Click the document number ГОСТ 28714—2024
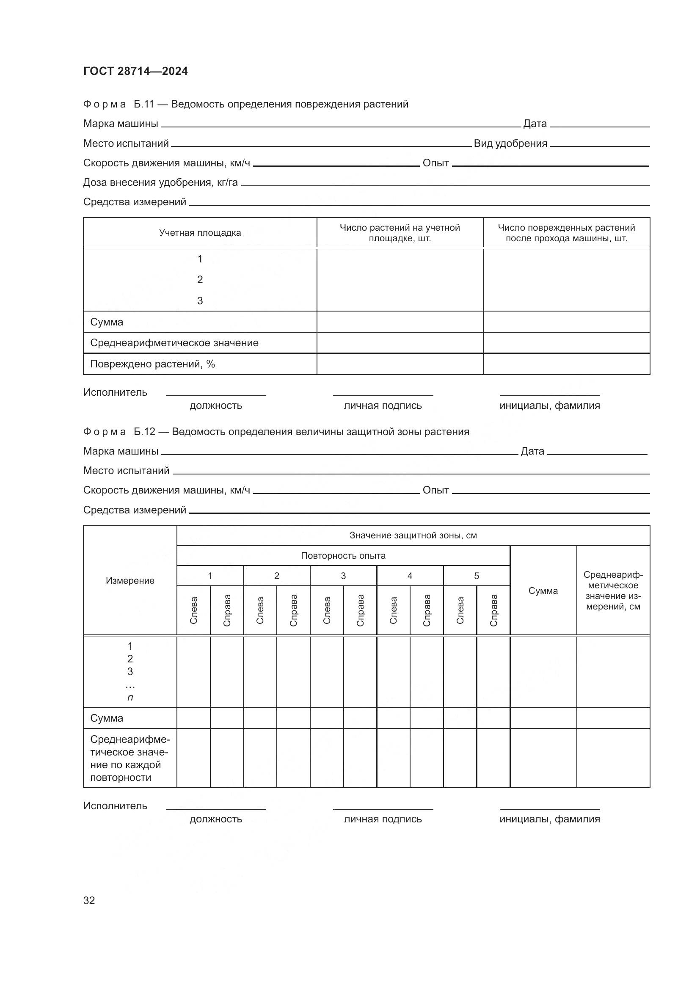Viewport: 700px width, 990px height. [x=135, y=71]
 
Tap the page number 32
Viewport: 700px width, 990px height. [x=89, y=900]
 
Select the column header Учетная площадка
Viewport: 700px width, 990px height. [x=200, y=233]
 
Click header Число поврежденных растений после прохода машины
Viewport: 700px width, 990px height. [x=566, y=233]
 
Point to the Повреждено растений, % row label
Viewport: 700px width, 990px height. [x=152, y=364]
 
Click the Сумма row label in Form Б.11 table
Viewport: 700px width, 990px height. [x=107, y=322]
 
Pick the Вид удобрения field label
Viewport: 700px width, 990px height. [x=510, y=143]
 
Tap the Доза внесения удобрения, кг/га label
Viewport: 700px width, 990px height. [x=160, y=182]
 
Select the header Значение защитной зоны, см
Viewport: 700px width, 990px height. [x=413, y=535]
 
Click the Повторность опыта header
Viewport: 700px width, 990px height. [x=343, y=556]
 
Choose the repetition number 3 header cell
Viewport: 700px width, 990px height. [x=343, y=576]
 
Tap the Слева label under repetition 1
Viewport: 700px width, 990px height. [x=193, y=611]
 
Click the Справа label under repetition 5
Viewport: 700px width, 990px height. [x=493, y=611]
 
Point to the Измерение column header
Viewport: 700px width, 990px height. [x=130, y=581]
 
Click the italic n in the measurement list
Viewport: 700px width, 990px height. [x=130, y=697]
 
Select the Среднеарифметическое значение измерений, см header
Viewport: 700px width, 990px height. [x=613, y=591]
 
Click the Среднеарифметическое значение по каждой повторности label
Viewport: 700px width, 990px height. [x=130, y=758]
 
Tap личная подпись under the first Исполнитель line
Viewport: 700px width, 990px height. [x=383, y=406]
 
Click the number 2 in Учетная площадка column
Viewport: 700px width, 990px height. [x=200, y=280]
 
